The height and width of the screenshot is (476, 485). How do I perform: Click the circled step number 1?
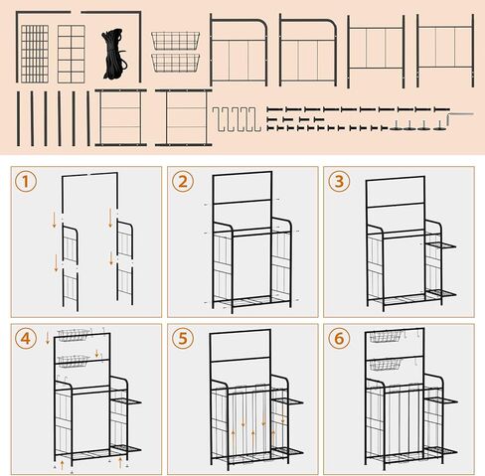point(26,182)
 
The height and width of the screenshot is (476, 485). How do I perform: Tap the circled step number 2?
point(182,182)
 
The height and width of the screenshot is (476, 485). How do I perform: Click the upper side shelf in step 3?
point(441,243)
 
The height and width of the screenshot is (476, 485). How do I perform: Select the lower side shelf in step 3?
point(441,292)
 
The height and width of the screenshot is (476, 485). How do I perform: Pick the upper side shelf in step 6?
point(442,400)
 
